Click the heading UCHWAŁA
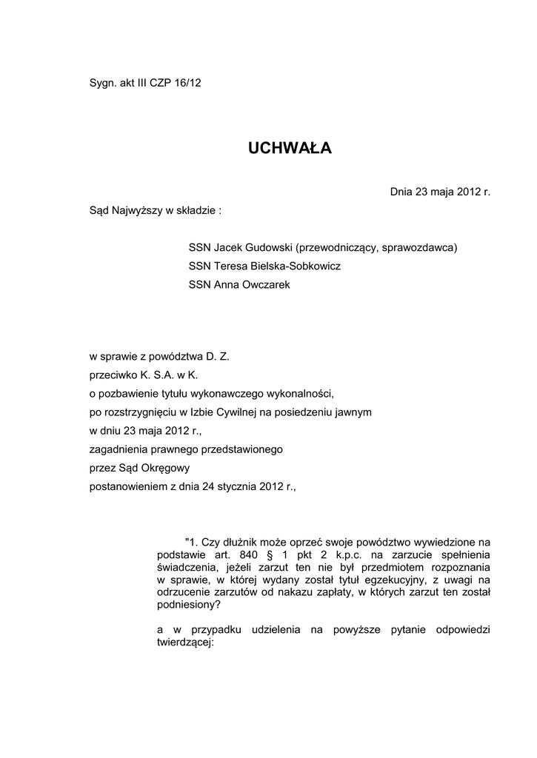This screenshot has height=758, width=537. coord(290,149)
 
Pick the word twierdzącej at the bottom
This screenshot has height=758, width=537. coord(184,643)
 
